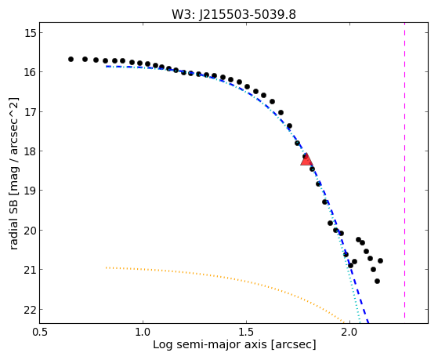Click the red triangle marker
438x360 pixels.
pyautogui.click(x=306, y=159)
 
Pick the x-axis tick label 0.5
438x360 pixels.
pyautogui.click(x=40, y=332)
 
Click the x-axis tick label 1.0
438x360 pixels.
pyautogui.click(x=143, y=332)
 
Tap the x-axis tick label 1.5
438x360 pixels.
pyautogui.click(x=246, y=332)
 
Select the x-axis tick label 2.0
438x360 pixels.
pyautogui.click(x=349, y=332)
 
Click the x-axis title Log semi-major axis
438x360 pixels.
pyautogui.click(x=210, y=344)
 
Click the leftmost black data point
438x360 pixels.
pyautogui.click(x=71, y=60)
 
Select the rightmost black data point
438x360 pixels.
pyautogui.click(x=380, y=260)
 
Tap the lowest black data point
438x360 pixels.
pyautogui.click(x=377, y=281)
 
